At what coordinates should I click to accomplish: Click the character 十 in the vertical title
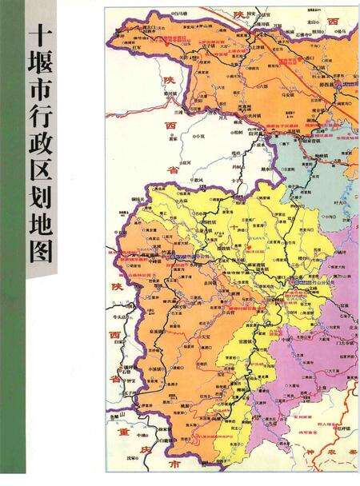[42, 35]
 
